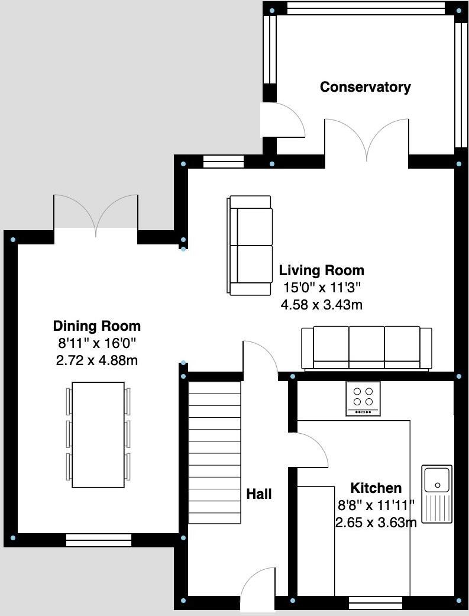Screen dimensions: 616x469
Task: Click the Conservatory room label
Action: [365, 87]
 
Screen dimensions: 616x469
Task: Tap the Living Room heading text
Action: [321, 271]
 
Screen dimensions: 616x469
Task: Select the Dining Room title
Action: [97, 325]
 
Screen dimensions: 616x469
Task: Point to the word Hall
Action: [259, 494]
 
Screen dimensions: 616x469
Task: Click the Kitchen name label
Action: [376, 488]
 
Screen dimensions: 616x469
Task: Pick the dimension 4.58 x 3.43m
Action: [321, 305]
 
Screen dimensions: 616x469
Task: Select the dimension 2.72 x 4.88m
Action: [97, 360]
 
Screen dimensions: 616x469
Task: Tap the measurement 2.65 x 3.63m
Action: [376, 523]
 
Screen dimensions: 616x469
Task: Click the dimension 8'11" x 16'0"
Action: [97, 343]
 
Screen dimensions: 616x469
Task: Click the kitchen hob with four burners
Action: [363, 398]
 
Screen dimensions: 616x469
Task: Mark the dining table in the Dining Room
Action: [98, 435]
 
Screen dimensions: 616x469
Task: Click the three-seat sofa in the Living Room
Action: [367, 349]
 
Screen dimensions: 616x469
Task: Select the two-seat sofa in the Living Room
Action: [251, 246]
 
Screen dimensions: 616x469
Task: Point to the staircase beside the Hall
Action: [215, 453]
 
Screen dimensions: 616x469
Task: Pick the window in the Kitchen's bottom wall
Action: [376, 603]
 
